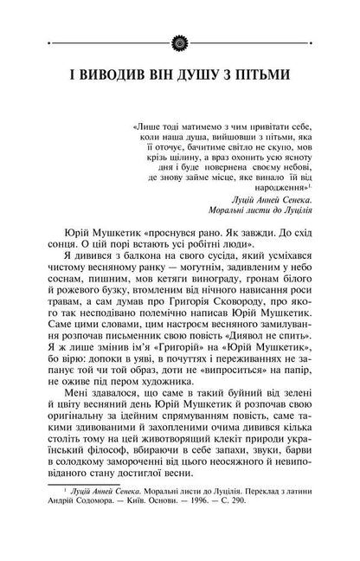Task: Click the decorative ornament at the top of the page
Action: coord(179,16)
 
